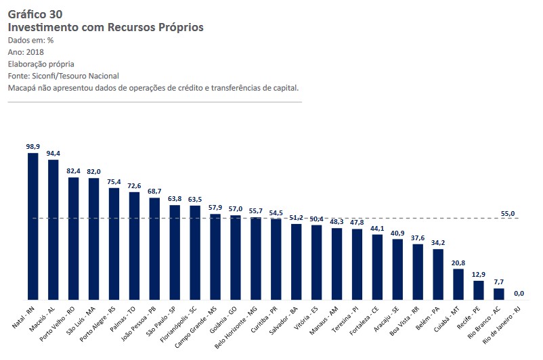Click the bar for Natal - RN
point(32,227)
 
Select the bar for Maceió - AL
point(53,230)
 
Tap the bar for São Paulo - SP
point(175,252)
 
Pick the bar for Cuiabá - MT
point(458,284)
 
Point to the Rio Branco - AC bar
point(499,294)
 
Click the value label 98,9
point(32,146)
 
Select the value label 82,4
point(73,171)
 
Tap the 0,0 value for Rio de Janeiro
point(519,293)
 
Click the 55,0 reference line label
point(508,213)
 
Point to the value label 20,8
point(458,262)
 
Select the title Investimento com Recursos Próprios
point(105,27)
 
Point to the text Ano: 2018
point(26,52)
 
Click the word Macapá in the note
point(24,88)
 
